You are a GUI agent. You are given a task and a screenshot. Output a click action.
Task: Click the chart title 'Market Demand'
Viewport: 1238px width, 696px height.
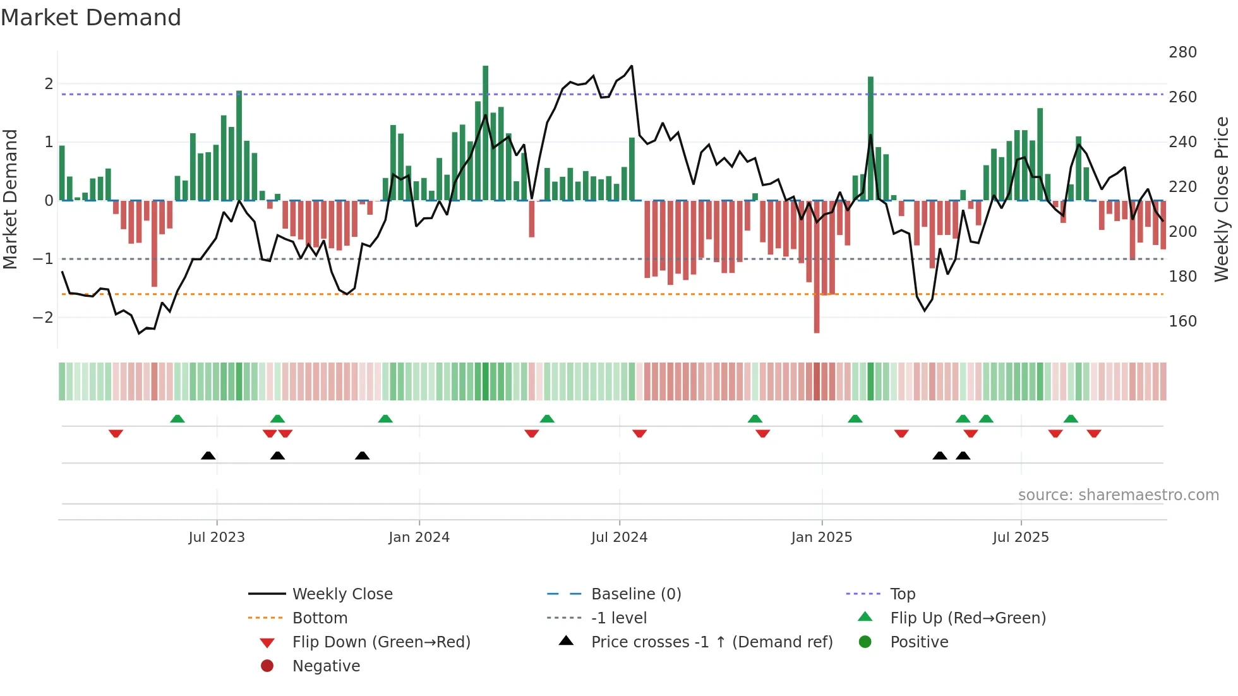[x=91, y=18]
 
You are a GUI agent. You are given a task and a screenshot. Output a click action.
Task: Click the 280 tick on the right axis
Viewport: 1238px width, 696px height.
[x=1182, y=52]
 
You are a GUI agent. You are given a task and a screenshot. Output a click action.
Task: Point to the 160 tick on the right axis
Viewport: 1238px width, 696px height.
[x=1182, y=321]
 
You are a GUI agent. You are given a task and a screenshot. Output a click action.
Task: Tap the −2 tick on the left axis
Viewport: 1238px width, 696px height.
[x=43, y=318]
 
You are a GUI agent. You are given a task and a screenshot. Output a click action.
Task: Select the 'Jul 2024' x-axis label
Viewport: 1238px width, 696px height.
[x=619, y=537]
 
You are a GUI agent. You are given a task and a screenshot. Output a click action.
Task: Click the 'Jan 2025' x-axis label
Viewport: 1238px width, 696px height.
[x=821, y=537]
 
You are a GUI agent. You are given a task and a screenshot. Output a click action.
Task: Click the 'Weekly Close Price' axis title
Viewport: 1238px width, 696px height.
[x=1222, y=199]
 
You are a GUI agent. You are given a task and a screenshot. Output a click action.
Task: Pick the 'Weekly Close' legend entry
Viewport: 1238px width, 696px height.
[x=342, y=594]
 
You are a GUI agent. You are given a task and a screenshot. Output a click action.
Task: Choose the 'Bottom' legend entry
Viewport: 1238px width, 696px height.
[x=320, y=618]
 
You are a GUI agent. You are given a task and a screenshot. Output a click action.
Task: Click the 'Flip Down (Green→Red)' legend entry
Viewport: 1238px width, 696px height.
[x=381, y=642]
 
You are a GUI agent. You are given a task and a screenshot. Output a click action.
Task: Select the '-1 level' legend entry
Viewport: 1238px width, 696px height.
[x=618, y=618]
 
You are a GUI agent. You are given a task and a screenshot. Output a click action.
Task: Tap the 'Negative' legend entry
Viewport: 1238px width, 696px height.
[x=326, y=666]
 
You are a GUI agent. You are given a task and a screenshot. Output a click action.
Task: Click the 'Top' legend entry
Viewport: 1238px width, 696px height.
[x=902, y=594]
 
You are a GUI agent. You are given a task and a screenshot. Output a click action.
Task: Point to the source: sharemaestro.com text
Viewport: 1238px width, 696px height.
[x=1118, y=495]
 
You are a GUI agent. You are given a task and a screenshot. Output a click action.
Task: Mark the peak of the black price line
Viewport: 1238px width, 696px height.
[x=632, y=66]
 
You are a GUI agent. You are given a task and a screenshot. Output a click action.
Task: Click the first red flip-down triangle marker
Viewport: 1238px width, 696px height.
[x=116, y=433]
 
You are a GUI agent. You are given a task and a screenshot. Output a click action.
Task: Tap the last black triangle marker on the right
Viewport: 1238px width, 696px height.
[x=963, y=455]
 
